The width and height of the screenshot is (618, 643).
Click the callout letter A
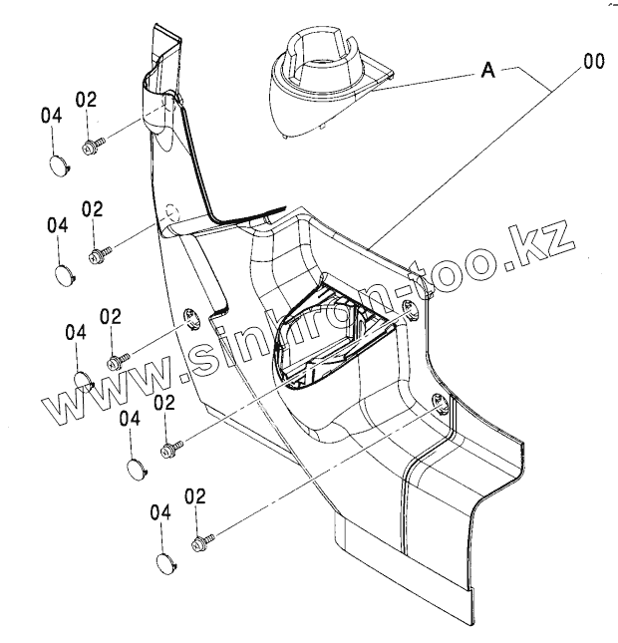tap(489, 70)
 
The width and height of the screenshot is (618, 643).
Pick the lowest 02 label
tap(195, 495)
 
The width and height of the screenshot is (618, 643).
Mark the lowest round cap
tap(165, 564)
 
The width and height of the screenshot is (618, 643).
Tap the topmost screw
tap(90, 147)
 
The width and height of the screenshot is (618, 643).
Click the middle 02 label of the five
tap(110, 316)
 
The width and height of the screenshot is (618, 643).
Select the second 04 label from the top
tap(58, 225)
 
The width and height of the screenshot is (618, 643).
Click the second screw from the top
tap(98, 256)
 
